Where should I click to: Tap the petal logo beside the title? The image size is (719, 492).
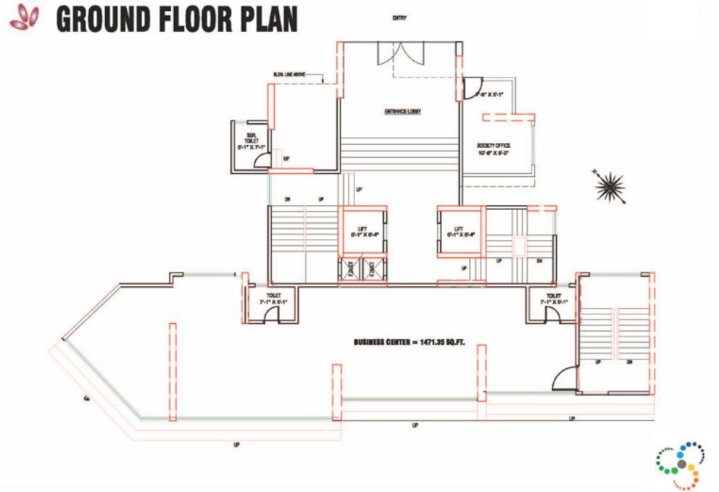(25, 18)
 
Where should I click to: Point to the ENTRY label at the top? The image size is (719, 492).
(399, 18)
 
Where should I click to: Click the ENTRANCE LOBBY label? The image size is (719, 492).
(403, 112)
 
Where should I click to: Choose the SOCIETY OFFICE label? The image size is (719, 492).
(494, 146)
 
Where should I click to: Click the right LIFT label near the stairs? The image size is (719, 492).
(459, 231)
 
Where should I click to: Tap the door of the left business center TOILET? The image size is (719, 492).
(270, 312)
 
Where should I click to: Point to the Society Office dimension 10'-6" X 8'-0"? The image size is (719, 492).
(494, 153)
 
